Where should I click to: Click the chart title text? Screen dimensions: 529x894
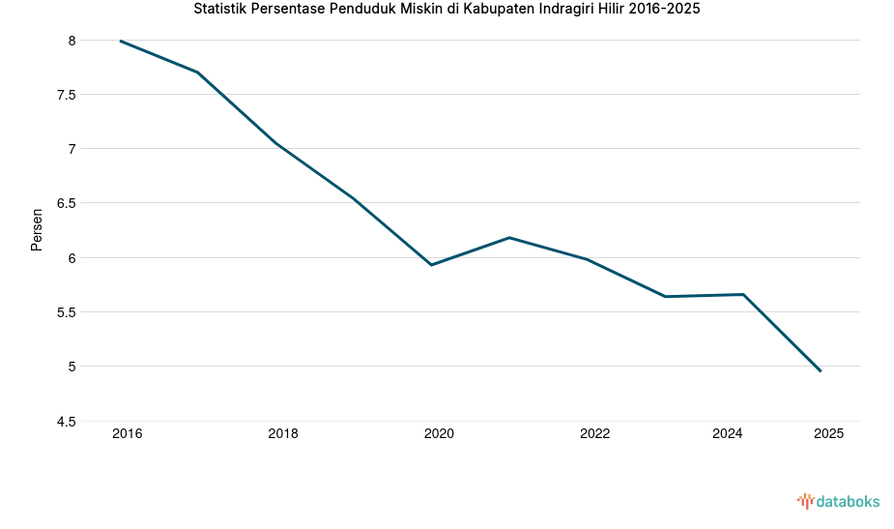pyautogui.click(x=447, y=10)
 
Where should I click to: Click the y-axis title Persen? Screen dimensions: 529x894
pyautogui.click(x=37, y=229)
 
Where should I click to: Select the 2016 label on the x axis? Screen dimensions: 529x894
pyautogui.click(x=127, y=434)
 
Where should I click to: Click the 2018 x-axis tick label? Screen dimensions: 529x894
pyautogui.click(x=283, y=434)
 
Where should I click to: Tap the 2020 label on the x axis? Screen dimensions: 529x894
pyautogui.click(x=439, y=434)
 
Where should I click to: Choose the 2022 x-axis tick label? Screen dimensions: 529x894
pyautogui.click(x=594, y=434)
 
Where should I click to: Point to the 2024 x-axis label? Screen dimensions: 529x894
pyautogui.click(x=727, y=434)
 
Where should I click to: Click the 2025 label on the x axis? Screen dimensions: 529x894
pyautogui.click(x=828, y=434)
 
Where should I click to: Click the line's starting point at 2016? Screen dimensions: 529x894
pyautogui.click(x=121, y=41)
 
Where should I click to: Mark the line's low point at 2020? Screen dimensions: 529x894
pyautogui.click(x=431, y=264)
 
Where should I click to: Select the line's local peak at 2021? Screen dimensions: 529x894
pyautogui.click(x=509, y=237)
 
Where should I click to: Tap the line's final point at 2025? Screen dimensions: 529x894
pyautogui.click(x=821, y=370)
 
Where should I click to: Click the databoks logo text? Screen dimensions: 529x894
pyautogui.click(x=848, y=501)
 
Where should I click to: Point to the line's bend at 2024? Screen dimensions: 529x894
pyautogui.click(x=743, y=294)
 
